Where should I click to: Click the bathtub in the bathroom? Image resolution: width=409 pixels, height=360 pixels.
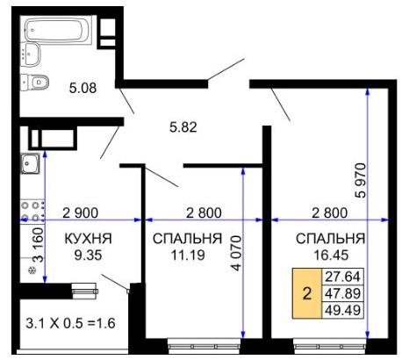(58, 30)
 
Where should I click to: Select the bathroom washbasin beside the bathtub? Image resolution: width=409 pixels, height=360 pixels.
(31, 54)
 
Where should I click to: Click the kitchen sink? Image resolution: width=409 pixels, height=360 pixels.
(30, 163)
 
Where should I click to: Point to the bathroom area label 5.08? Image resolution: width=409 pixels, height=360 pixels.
(83, 88)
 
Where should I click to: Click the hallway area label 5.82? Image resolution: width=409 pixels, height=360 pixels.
(183, 127)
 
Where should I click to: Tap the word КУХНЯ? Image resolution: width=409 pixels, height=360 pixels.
(88, 239)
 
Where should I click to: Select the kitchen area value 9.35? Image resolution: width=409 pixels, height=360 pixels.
(88, 256)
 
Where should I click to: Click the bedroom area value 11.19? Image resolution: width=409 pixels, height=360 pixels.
(188, 256)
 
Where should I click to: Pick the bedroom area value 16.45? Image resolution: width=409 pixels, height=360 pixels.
(331, 256)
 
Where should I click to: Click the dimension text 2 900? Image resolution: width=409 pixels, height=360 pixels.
(81, 213)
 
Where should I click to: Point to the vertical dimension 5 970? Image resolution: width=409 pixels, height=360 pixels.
(361, 181)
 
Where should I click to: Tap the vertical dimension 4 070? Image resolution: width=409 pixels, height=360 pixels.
(236, 253)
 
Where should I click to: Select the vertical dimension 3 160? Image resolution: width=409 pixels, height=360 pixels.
(39, 245)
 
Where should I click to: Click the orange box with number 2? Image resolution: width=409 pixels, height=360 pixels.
(307, 293)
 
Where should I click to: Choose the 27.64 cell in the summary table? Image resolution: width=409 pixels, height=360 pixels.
(342, 277)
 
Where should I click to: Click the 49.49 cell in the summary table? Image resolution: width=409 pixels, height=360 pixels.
(342, 310)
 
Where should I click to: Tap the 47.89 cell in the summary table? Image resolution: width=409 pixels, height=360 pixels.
(342, 293)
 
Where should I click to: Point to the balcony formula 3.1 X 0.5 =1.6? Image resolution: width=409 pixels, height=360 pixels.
(70, 323)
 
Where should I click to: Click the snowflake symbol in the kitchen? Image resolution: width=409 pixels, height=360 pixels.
(32, 270)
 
